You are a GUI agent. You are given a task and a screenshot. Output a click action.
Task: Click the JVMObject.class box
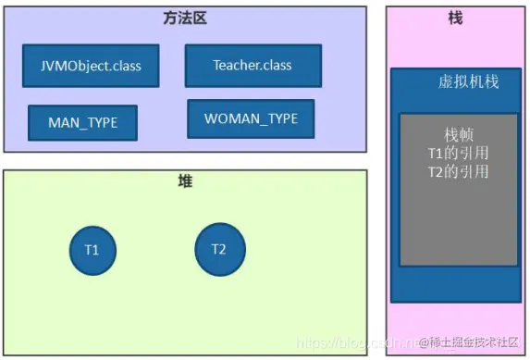tap(91, 67)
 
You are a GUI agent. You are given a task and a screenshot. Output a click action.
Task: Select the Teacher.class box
tap(253, 66)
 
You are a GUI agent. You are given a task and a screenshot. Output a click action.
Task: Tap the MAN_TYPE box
tap(83, 122)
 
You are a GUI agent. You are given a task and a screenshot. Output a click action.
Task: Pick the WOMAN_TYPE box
tap(251, 119)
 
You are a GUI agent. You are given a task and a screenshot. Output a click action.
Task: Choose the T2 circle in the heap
tap(218, 250)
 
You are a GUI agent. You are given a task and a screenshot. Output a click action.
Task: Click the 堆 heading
tap(185, 182)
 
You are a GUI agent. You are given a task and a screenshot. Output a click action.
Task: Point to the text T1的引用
tap(458, 154)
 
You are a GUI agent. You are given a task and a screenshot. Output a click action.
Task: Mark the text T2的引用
tap(458, 171)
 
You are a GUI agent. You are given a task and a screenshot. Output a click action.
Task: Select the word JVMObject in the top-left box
tap(73, 67)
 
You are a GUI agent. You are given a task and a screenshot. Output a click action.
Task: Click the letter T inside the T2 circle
tap(215, 250)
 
